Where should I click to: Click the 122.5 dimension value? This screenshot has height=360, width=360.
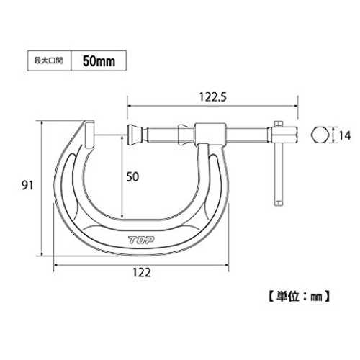[212, 97]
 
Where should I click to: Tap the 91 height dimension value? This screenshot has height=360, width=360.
[27, 185]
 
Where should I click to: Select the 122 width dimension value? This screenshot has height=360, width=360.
[142, 273]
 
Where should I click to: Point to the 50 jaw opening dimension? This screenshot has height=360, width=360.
[132, 177]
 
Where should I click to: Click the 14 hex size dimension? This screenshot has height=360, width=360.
[345, 136]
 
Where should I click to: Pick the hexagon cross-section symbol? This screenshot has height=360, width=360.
[320, 135]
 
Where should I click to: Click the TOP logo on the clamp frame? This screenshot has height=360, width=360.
[141, 240]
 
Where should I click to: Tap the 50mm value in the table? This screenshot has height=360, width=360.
[99, 61]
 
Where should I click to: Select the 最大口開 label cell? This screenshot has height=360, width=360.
[49, 60]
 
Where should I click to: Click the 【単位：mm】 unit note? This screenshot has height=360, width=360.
[299, 297]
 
